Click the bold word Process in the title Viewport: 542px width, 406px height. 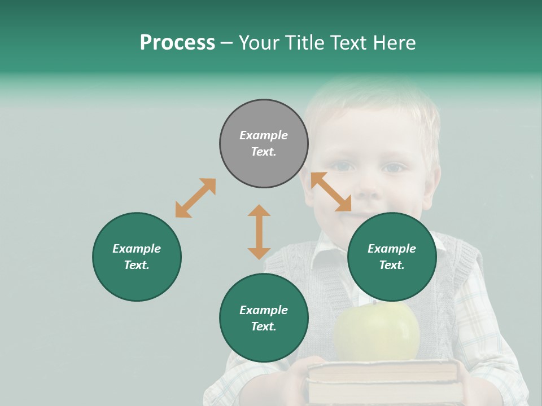point(177,43)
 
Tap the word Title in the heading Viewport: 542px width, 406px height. point(304,43)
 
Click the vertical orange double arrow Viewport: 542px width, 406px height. point(259,232)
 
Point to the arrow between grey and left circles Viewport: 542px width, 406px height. point(195,198)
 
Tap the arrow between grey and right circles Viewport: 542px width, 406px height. point(331,192)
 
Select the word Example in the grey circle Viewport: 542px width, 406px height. point(264,135)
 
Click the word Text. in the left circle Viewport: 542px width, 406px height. point(137,265)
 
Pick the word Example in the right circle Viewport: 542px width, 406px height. point(392,249)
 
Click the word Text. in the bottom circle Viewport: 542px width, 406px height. point(264,326)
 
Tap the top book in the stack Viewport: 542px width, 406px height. point(383,370)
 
